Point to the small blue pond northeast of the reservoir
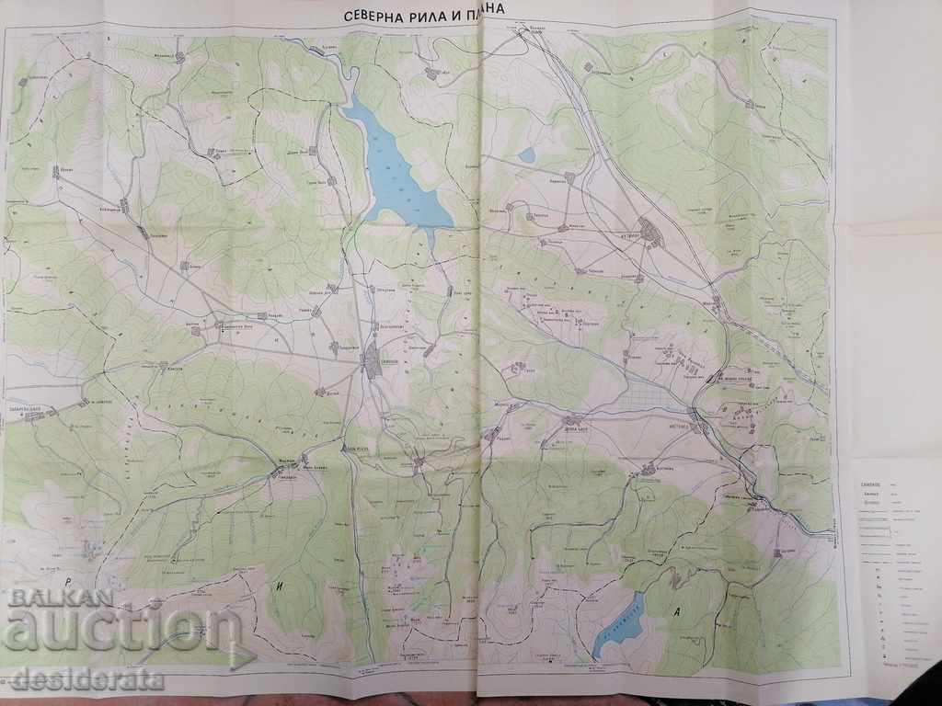point(526,155)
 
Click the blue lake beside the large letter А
point(618,625)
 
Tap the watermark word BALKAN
point(61,596)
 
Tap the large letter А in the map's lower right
point(678,610)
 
